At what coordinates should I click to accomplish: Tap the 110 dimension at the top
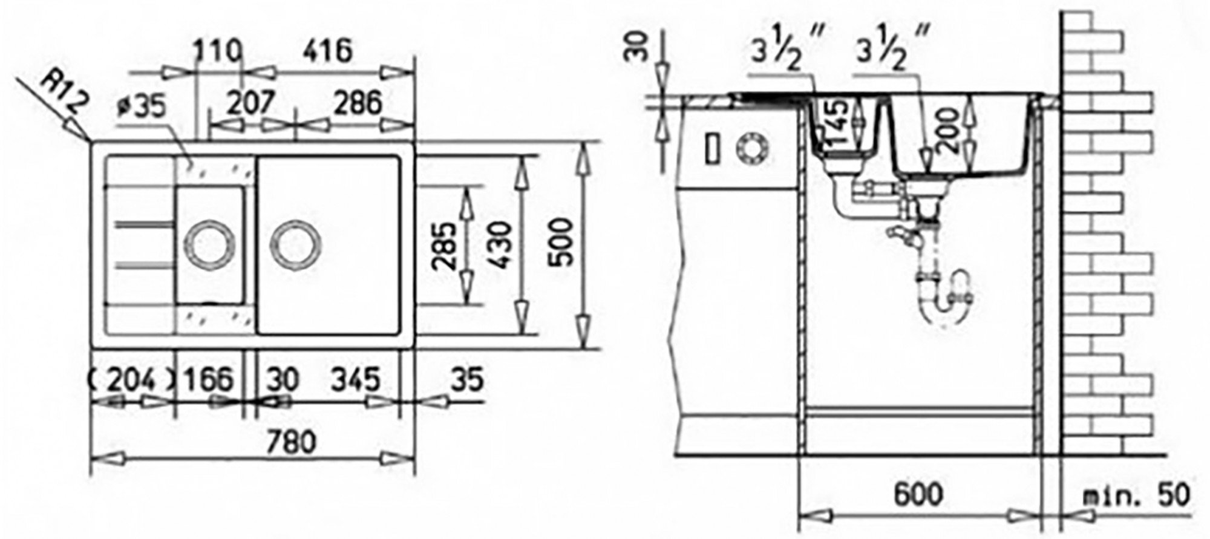pos(218,52)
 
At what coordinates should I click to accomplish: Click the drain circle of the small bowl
pos(208,243)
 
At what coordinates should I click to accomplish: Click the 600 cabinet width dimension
pos(918,494)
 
